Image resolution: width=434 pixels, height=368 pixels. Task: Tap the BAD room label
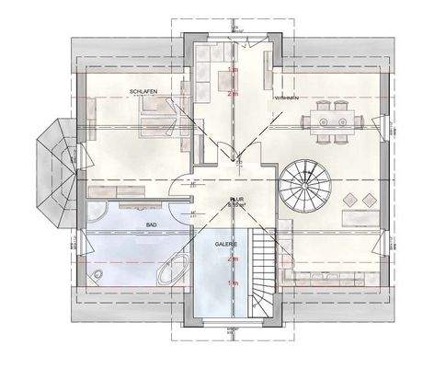coord(143,224)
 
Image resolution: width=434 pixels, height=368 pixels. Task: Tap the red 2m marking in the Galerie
coord(233,260)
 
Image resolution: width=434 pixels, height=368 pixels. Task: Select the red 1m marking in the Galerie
coord(233,284)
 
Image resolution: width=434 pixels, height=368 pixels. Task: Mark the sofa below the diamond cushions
coord(359,218)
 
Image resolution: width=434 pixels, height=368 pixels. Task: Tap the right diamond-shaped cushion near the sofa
coord(370,199)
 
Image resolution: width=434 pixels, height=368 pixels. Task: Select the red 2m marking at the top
coord(233,93)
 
